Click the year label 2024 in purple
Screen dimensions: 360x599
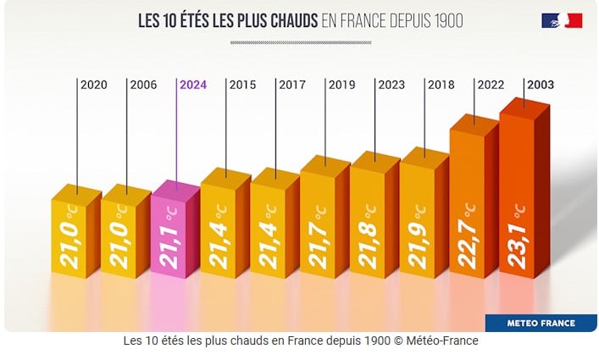(193, 85)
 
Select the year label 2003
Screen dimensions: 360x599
(541, 85)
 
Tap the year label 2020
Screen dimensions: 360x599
(93, 85)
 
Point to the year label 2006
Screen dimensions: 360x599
(142, 85)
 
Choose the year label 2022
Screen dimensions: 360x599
(491, 85)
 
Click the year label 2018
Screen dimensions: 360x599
(441, 85)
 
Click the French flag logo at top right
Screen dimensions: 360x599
(562, 20)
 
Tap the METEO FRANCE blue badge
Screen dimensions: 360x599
(541, 323)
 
